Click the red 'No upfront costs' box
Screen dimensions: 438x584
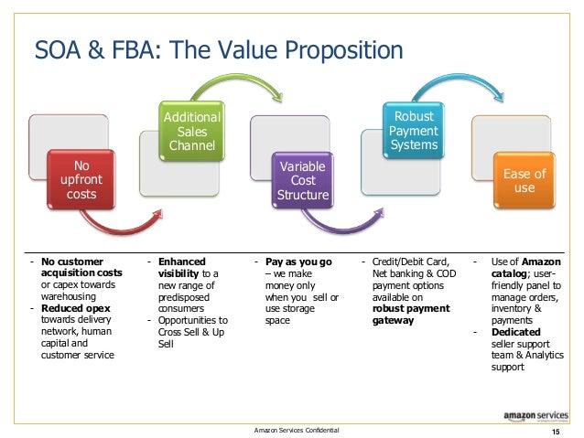[x=81, y=180]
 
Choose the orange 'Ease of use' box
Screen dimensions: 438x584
[x=525, y=180]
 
